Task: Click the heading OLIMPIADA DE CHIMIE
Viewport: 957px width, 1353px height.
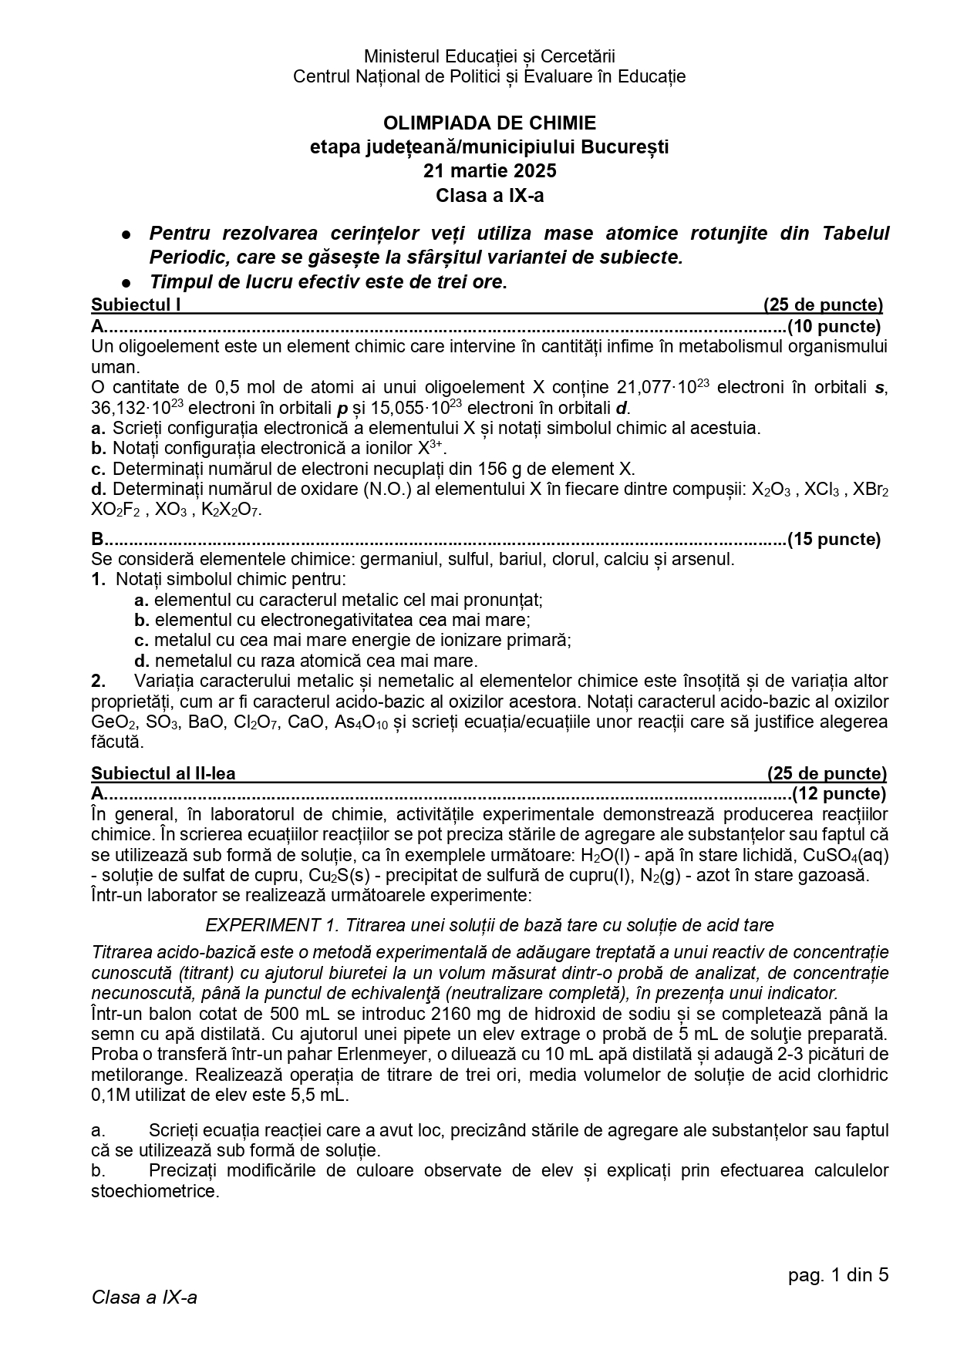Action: (489, 123)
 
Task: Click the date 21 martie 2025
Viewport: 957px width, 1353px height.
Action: (489, 171)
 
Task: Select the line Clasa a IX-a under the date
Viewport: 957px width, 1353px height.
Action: (489, 195)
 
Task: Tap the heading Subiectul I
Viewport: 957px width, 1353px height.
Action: (136, 305)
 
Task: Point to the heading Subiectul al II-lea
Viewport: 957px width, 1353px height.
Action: (163, 773)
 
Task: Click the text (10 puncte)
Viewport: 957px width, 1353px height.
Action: (834, 326)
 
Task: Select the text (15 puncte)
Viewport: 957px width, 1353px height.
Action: (834, 539)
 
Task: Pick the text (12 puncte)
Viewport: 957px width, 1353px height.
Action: (839, 793)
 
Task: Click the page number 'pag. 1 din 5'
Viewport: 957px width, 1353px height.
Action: (838, 1274)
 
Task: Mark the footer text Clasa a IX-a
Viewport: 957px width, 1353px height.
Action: (144, 1297)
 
